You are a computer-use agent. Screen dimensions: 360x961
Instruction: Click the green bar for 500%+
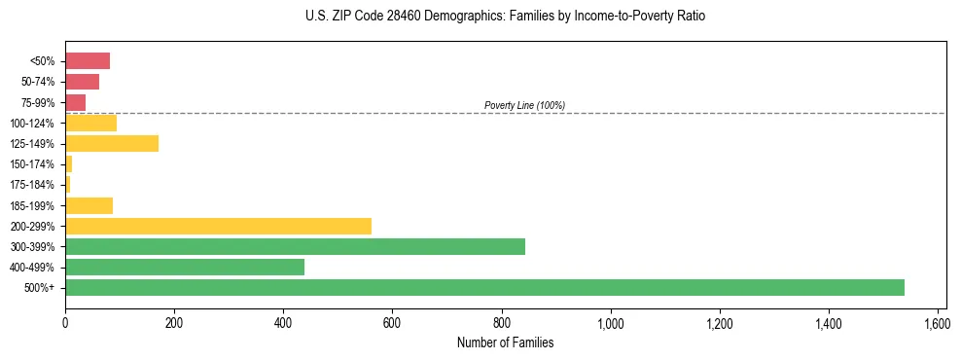click(x=484, y=287)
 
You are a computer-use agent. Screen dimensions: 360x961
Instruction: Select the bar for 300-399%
click(x=295, y=246)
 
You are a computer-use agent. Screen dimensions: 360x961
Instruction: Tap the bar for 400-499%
click(x=185, y=267)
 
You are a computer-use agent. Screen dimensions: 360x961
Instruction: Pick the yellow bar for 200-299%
click(x=218, y=226)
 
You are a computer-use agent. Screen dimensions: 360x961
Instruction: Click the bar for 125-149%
click(x=112, y=143)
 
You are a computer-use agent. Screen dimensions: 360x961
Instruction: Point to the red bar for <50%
click(x=88, y=61)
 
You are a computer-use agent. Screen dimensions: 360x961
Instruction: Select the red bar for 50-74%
click(x=82, y=82)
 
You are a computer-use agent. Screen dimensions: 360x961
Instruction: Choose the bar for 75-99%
click(x=75, y=102)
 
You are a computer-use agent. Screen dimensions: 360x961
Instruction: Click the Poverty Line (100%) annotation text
click(x=524, y=105)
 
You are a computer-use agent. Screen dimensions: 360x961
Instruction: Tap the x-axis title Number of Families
click(x=505, y=342)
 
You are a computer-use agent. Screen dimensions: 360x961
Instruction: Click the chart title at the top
click(x=505, y=17)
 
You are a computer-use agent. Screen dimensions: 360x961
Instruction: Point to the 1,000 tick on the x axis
click(x=611, y=323)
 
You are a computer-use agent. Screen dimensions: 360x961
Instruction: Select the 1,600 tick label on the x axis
click(x=938, y=323)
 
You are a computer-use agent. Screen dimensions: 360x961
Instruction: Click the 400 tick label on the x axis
click(x=283, y=323)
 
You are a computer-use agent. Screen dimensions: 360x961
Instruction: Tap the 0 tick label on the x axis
click(x=65, y=323)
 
